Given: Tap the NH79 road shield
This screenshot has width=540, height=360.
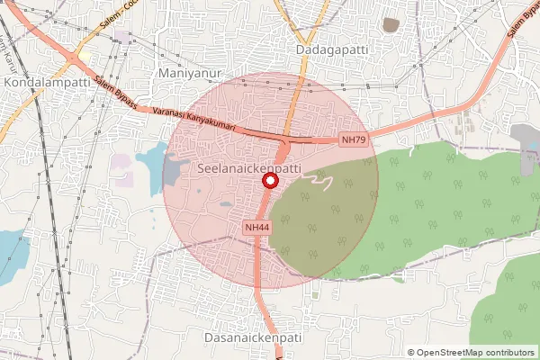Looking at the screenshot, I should [354, 140].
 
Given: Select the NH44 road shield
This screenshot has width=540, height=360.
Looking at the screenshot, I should [257, 228].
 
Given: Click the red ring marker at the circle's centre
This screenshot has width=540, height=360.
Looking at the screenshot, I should [269, 181].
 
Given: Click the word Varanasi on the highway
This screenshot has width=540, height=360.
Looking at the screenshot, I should [173, 114].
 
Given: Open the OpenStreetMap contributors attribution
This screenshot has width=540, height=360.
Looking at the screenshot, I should [474, 352].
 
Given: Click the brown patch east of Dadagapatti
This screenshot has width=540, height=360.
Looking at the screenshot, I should [391, 25].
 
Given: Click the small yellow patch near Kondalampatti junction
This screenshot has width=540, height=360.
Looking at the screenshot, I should [85, 57].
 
